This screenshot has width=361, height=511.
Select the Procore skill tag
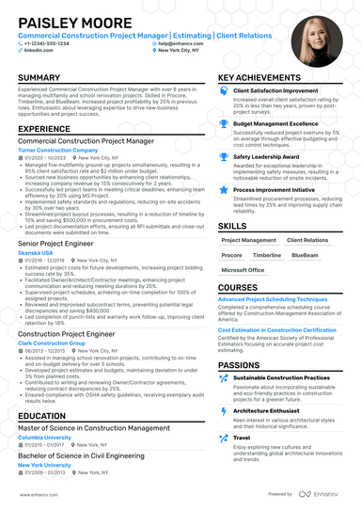231,255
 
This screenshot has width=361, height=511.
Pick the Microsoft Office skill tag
243,270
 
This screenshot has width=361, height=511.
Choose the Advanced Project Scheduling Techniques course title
273,298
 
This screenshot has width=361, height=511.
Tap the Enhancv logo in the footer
324,493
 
